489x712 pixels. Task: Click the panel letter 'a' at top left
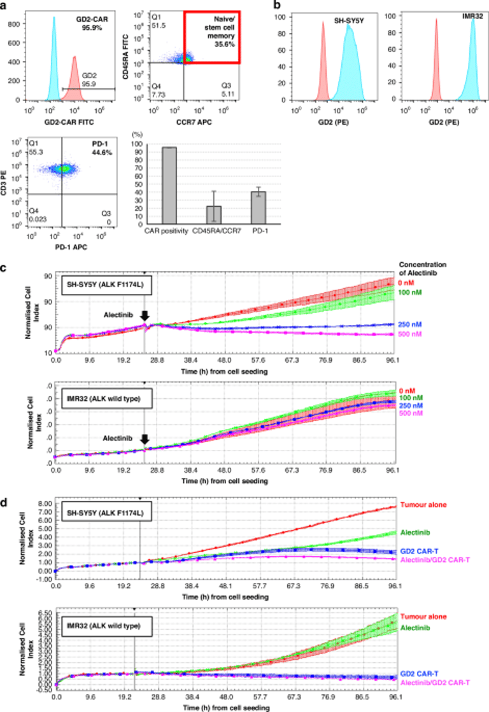pos(5,5)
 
